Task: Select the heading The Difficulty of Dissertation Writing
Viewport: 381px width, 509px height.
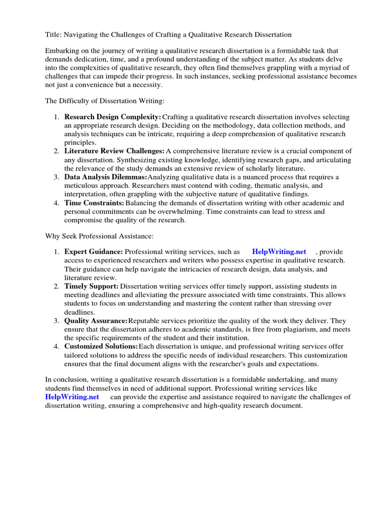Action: click(x=105, y=101)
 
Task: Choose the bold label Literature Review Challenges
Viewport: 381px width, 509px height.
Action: click(x=114, y=151)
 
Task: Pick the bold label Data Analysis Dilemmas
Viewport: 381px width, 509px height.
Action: click(x=105, y=177)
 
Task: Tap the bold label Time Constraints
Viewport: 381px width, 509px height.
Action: click(x=94, y=203)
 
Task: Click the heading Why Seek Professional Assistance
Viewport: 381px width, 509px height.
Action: click(x=100, y=235)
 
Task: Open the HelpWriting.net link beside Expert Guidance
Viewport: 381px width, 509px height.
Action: click(x=279, y=252)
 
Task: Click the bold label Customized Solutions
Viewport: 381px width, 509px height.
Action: click(x=101, y=346)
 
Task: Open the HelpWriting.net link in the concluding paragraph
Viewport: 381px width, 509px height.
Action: click(x=72, y=397)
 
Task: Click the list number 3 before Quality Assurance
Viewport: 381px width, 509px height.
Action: click(x=57, y=321)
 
